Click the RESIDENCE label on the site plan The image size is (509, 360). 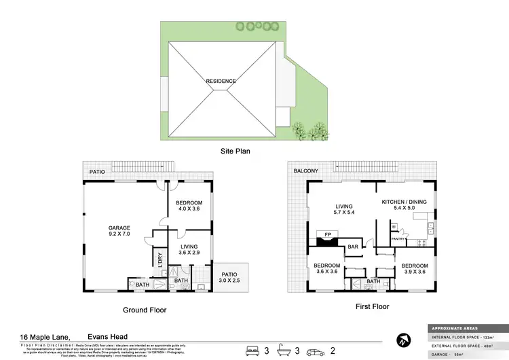(x=222, y=81)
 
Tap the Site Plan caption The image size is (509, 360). (x=235, y=151)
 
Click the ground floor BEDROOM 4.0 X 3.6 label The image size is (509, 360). (x=189, y=206)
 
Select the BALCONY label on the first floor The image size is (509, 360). (x=307, y=172)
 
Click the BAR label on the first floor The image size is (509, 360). (x=353, y=247)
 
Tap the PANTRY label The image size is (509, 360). (x=398, y=239)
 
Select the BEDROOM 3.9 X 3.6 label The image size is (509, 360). (x=414, y=269)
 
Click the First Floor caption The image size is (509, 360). (x=372, y=307)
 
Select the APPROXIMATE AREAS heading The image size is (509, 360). (x=450, y=327)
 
